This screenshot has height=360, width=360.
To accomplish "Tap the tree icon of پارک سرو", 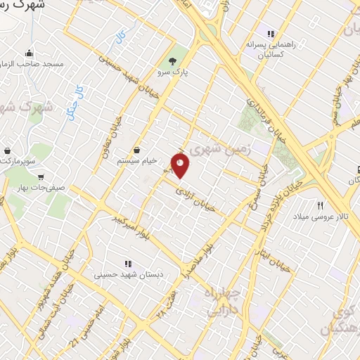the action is [173, 60].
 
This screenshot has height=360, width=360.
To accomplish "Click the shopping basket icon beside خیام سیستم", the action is [136, 150].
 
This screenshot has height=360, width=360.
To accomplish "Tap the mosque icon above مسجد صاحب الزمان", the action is [29, 53].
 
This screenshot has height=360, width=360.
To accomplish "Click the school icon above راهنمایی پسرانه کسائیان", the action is [269, 33].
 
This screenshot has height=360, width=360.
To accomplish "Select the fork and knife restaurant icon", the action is [321, 205].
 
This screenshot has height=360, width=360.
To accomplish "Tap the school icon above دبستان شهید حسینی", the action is [127, 264].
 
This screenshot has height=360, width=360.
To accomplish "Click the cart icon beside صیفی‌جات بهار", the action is [41, 177].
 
